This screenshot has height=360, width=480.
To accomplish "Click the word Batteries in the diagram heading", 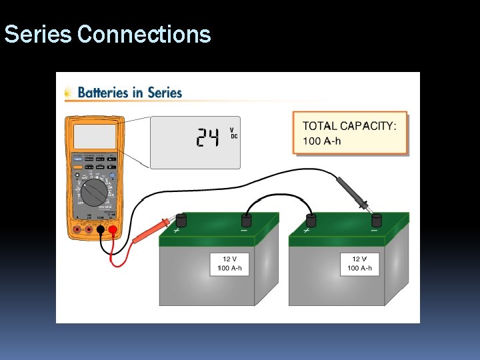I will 103,93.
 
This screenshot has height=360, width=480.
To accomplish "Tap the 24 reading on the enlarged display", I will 207,138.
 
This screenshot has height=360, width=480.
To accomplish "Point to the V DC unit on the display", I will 233,133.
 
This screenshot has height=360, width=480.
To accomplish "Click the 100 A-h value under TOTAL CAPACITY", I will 323,141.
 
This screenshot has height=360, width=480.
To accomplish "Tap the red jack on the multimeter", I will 113,231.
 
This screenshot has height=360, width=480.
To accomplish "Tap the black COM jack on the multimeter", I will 101,231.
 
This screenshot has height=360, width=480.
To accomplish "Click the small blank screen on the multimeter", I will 94,137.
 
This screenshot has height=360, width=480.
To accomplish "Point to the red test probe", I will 154,229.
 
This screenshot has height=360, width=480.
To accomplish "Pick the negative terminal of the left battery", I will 247,221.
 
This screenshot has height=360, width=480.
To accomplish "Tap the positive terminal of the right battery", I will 311,221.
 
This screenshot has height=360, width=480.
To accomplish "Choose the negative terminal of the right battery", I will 377,220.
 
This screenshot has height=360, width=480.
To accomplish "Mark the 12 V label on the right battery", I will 360,259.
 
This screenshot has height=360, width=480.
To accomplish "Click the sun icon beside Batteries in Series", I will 68,93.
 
